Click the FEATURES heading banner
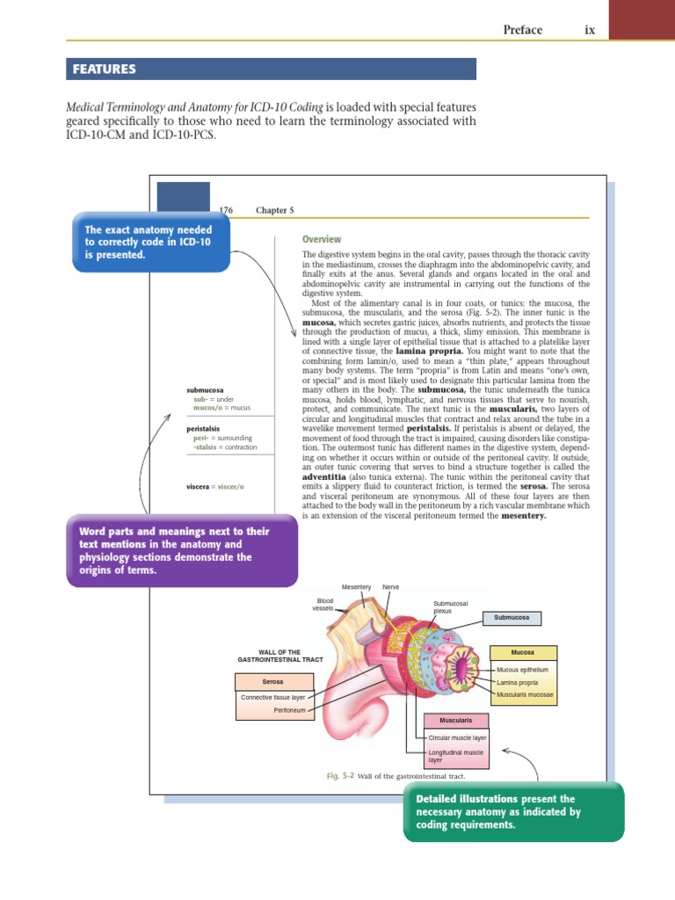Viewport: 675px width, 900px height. (x=271, y=69)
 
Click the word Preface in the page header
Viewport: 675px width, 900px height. (x=522, y=30)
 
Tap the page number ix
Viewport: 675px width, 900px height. (x=590, y=30)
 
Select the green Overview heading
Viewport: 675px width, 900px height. (x=322, y=239)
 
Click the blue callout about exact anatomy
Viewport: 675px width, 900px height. (x=152, y=242)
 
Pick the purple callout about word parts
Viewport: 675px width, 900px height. (x=183, y=551)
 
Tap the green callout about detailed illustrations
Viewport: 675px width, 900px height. (x=514, y=812)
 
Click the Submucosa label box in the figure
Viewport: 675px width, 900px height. (x=512, y=618)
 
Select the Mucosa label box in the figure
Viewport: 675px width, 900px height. (x=522, y=652)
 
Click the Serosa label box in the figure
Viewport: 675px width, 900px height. (x=272, y=681)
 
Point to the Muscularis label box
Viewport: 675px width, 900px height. (x=456, y=721)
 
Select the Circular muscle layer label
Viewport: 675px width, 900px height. (x=457, y=738)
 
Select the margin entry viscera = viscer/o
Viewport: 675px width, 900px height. (x=215, y=486)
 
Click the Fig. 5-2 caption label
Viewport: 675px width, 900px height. (x=339, y=777)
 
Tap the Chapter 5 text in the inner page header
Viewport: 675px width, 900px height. (x=274, y=210)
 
